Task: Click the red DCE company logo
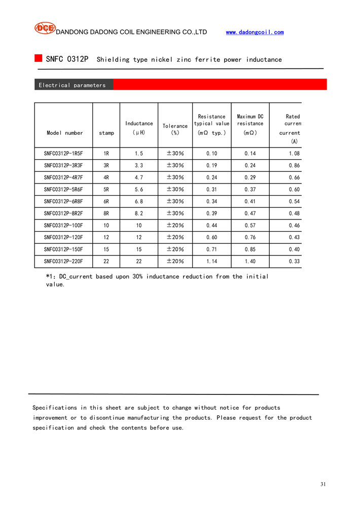(45, 28)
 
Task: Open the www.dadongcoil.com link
(255, 32)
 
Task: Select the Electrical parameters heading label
(72, 85)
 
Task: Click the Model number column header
(64, 133)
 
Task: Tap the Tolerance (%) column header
(175, 129)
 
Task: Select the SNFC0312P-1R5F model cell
(63, 153)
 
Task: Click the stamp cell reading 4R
(106, 177)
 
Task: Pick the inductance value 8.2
(138, 213)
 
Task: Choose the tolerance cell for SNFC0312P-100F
(175, 226)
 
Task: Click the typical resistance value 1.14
(211, 262)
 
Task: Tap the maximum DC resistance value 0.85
(250, 249)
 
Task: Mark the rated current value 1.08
(294, 153)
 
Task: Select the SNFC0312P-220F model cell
(63, 262)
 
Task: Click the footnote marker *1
(50, 276)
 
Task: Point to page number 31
(323, 484)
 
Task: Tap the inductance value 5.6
(138, 189)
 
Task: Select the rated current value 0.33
(294, 262)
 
